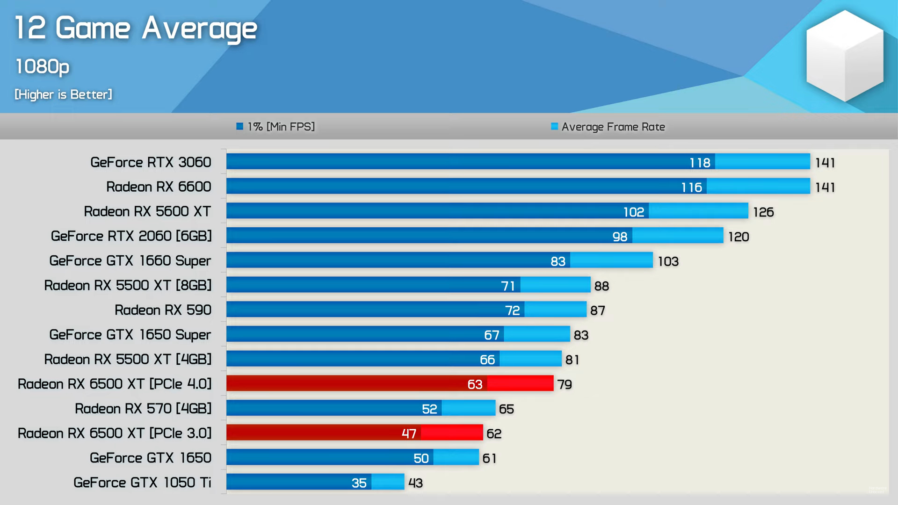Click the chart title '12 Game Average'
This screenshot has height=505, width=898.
[x=136, y=28]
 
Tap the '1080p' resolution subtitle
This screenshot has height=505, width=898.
[x=42, y=66]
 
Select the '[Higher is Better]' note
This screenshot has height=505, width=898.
[x=63, y=94]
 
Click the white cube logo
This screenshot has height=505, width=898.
[x=845, y=56]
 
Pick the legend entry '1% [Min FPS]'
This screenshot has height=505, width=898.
[x=276, y=127]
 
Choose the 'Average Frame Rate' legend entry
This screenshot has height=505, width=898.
[x=608, y=127]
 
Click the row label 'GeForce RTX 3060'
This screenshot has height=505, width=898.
[x=151, y=162]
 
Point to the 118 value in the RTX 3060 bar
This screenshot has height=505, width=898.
[x=700, y=163]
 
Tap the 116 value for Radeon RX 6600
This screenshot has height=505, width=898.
[x=691, y=188]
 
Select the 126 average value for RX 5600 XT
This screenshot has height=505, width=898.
[x=763, y=212]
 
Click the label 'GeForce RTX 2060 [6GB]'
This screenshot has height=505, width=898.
[x=131, y=236]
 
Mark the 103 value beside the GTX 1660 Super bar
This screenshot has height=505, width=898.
[x=668, y=261]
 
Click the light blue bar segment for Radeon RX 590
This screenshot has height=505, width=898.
[x=555, y=310]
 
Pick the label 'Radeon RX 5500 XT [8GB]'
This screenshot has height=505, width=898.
[x=128, y=285]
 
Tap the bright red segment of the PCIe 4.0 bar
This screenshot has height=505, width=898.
[x=520, y=383]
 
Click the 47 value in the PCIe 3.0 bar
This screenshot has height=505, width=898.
[x=409, y=433]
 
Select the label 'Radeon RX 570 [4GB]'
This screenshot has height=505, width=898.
[x=143, y=409]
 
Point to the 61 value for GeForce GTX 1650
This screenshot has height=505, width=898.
[x=489, y=458]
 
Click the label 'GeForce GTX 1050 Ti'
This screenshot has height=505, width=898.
[x=142, y=483]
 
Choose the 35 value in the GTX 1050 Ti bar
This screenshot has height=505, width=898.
[x=359, y=483]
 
